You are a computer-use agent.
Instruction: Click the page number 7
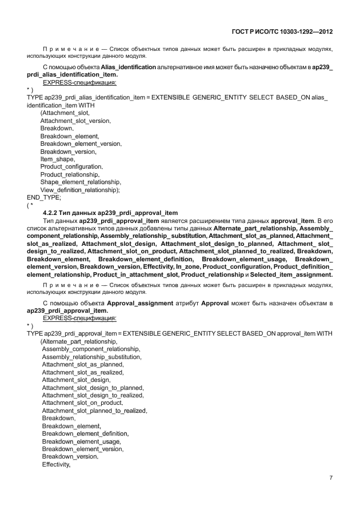click(331, 477)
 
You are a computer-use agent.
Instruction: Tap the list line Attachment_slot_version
click(75, 121)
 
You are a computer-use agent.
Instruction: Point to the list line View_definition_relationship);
click(79, 189)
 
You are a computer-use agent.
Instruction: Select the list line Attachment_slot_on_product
click(82, 403)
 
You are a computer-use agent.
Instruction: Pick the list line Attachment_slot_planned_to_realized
click(94, 411)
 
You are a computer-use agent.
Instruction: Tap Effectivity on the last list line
click(55, 464)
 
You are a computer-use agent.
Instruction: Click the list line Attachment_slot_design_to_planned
click(93, 387)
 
